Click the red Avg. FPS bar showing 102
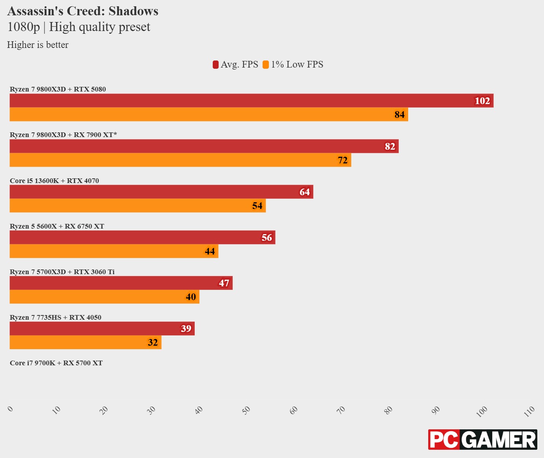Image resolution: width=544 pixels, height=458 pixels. [x=251, y=101]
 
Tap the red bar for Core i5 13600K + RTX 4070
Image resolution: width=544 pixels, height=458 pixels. [x=161, y=192]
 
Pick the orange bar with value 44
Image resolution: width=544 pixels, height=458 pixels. [x=114, y=251]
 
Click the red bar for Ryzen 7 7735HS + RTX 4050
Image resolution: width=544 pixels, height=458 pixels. [x=102, y=328]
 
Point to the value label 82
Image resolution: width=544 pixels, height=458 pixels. [x=390, y=147]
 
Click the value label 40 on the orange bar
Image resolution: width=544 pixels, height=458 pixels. [x=191, y=297]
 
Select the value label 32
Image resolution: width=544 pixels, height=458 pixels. [x=153, y=343]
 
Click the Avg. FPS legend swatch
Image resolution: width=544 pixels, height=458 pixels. [x=215, y=65]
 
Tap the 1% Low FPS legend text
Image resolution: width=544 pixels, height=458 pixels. [x=297, y=65]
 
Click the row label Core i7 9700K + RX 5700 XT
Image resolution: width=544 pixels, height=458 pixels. [x=56, y=363]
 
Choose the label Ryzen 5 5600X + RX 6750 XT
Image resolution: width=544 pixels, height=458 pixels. [x=57, y=226]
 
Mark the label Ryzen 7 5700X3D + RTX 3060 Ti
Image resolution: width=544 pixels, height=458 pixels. [x=62, y=272]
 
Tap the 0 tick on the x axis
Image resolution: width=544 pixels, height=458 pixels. [x=11, y=409]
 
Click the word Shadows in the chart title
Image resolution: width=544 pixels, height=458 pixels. [x=133, y=11]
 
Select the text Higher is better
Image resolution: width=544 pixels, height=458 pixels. [x=38, y=45]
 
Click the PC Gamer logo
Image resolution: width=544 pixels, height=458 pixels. [x=482, y=440]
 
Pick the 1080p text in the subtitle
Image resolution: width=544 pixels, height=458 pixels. [x=24, y=27]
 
